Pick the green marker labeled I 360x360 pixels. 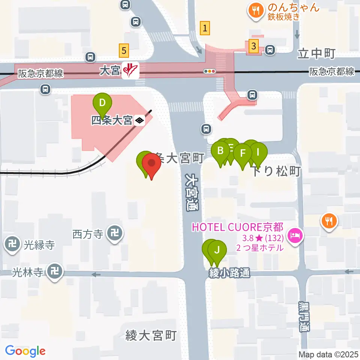258,152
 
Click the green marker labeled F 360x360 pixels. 243,153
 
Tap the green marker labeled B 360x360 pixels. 220,151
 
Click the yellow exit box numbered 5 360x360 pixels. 124,49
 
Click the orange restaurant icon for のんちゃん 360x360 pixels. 256,11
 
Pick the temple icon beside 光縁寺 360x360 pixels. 13,244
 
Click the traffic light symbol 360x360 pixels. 210,71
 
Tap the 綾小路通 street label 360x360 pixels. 229,273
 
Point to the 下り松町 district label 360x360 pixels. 276,171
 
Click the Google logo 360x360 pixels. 25,351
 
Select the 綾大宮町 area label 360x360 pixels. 151,335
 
